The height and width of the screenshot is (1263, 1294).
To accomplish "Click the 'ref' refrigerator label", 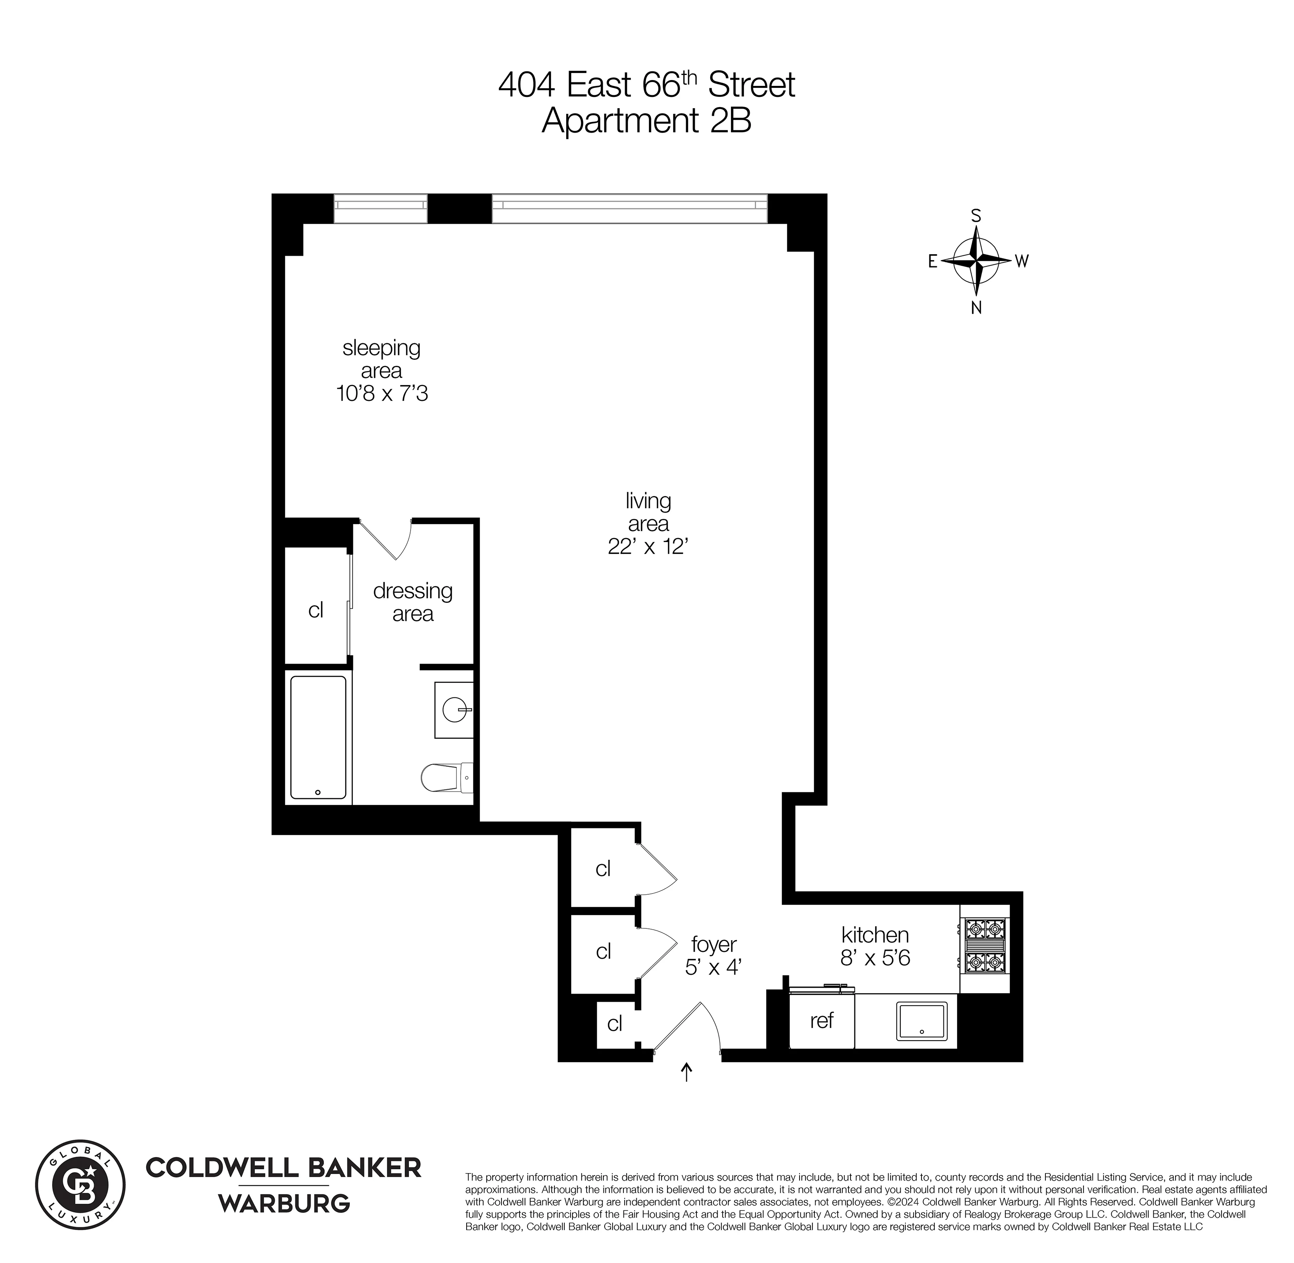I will click(821, 1020).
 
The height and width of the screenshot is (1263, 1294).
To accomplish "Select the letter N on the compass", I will click(976, 308).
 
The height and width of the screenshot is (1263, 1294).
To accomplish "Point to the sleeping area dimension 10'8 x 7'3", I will click(382, 394).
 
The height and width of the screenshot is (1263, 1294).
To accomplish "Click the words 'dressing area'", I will click(413, 602).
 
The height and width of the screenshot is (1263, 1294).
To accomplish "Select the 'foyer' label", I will click(714, 943).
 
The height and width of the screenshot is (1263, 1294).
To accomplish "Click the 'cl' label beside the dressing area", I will click(316, 610).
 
